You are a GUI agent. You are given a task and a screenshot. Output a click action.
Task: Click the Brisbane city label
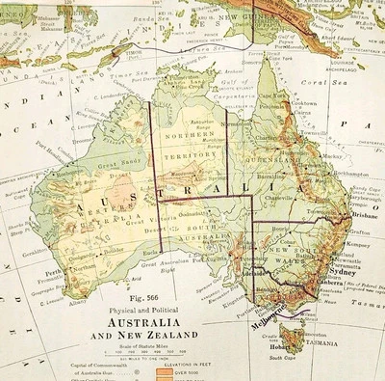point(362,218)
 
